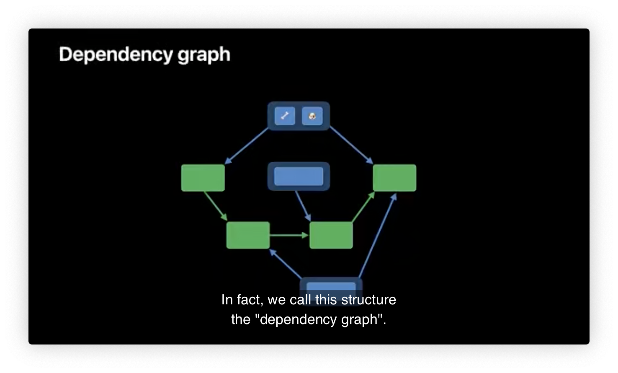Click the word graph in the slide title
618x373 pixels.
coord(204,55)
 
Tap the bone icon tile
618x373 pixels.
coord(285,116)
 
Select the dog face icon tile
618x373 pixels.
coord(312,116)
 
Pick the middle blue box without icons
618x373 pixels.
coord(299,176)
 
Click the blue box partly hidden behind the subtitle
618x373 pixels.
coord(331,287)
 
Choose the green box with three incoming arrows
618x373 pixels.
coord(394,178)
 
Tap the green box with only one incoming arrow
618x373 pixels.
coord(203,178)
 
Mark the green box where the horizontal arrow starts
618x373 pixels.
coord(248,235)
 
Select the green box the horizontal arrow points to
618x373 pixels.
coord(331,235)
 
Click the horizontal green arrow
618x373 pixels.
coord(289,235)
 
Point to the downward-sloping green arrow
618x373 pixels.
coord(215,206)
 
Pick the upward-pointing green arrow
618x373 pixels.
coord(363,207)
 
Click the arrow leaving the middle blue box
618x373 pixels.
coord(303,206)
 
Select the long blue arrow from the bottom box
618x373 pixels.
coord(377,236)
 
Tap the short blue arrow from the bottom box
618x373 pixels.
coord(286,264)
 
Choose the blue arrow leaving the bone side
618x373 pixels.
coord(247,146)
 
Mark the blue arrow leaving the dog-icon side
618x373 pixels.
coord(351,145)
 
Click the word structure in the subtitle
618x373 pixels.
coord(368,300)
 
